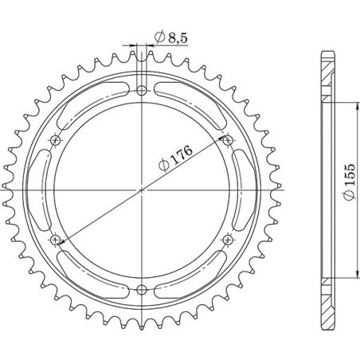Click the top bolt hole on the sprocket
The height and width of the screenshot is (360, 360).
tap(142, 89)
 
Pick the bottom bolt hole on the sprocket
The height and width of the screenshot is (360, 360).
tap(142, 289)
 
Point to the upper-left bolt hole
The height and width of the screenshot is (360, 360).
tap(55, 140)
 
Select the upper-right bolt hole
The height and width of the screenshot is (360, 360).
tap(229, 140)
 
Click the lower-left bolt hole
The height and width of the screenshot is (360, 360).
tap(55, 239)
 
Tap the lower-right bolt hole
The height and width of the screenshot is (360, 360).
tap(229, 239)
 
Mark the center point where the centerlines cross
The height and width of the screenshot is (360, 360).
tap(142, 190)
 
